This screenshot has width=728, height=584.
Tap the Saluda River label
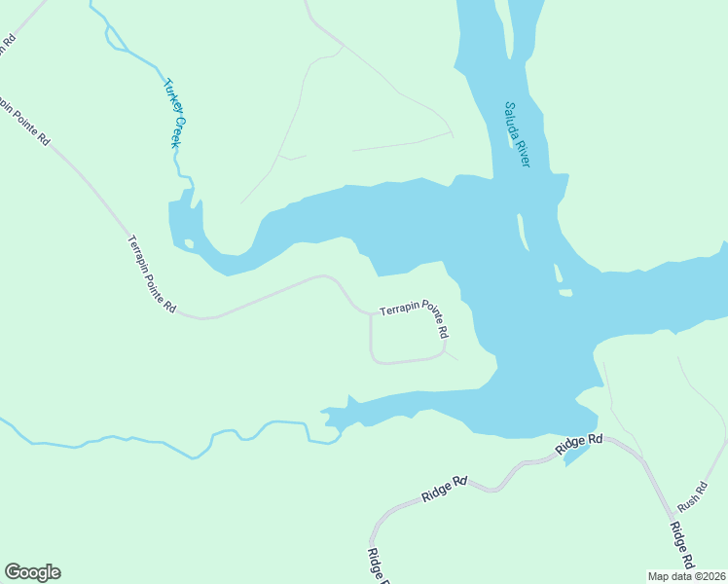(x=516, y=134)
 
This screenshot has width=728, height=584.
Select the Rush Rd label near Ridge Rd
(x=690, y=499)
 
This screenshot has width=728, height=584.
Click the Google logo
(x=32, y=572)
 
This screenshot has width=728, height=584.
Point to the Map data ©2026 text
(x=686, y=576)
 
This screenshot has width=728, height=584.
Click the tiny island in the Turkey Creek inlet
(x=189, y=243)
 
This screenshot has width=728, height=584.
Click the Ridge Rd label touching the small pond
(x=580, y=445)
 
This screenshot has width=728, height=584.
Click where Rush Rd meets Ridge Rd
(x=642, y=457)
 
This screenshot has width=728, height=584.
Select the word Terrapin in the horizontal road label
(x=398, y=310)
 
